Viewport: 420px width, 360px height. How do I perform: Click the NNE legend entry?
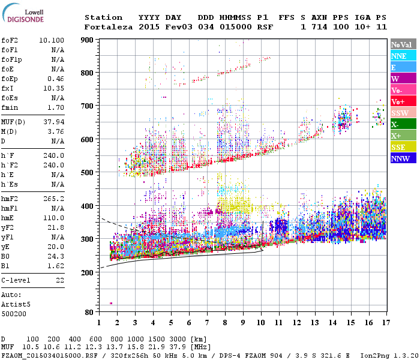[x=403, y=56]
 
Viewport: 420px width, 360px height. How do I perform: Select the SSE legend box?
[x=403, y=148]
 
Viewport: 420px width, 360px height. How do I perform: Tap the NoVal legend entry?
[x=403, y=44]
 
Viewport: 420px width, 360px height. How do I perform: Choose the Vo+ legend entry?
[x=403, y=102]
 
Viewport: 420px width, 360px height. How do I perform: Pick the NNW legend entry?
[x=403, y=159]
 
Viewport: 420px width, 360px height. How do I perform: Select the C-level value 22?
[x=60, y=280]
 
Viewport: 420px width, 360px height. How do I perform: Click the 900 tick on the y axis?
[x=88, y=40]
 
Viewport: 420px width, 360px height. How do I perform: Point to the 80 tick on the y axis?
[x=89, y=312]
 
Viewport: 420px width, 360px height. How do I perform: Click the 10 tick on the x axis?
[x=260, y=323]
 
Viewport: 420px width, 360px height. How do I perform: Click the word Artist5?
[x=14, y=304]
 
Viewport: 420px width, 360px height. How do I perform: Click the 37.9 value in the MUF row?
[x=179, y=347]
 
